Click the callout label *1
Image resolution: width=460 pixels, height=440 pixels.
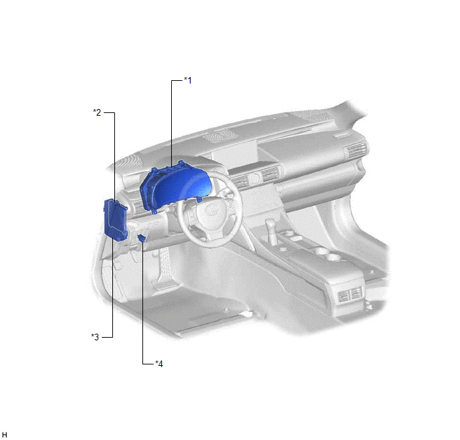click(x=188, y=80)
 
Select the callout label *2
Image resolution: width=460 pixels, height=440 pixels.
click(x=97, y=112)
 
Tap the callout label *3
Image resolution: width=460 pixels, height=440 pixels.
click(x=95, y=337)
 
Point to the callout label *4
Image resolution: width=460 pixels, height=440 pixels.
click(x=159, y=364)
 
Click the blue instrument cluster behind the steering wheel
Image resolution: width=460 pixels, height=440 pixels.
click(x=175, y=187)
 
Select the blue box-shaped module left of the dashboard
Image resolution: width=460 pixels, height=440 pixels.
click(x=116, y=220)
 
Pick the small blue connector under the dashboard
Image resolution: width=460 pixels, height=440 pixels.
click(x=142, y=238)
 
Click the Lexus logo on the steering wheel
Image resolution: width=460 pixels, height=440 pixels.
click(x=210, y=209)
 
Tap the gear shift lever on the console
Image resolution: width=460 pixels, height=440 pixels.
click(x=271, y=231)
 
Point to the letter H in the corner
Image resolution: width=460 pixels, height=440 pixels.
click(x=5, y=435)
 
